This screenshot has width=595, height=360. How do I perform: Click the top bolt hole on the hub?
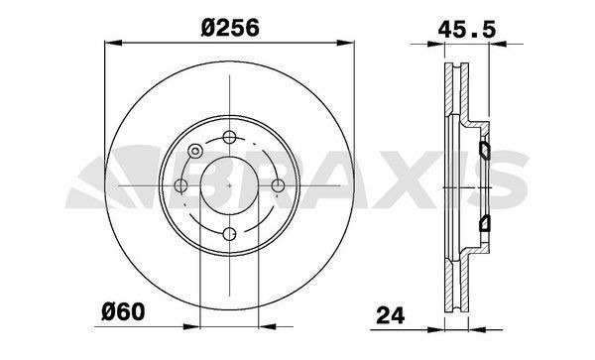pos(229,137)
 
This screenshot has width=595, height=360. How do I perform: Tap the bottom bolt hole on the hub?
pos(229,234)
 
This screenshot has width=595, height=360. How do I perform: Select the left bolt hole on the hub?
pos(180,185)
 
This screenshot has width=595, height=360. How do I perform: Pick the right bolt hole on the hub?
pos(278,185)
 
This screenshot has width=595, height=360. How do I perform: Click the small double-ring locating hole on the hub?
pos(195,151)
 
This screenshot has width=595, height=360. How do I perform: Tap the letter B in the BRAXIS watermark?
pos(230,185)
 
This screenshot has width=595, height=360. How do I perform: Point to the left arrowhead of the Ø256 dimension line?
pos(110,42)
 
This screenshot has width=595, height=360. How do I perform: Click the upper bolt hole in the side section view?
pos(485,151)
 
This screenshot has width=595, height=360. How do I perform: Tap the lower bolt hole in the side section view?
pos(485,220)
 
